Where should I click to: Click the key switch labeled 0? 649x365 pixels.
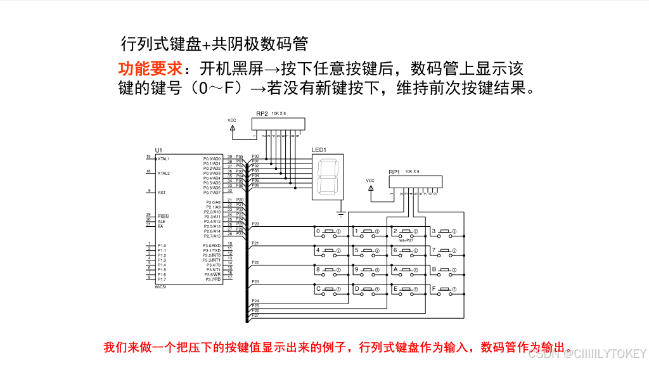[330, 232]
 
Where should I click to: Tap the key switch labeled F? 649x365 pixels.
[446, 290]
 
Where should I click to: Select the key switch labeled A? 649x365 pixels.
[407, 271]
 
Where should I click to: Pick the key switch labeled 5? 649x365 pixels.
[368, 252]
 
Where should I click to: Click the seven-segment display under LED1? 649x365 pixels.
[328, 176]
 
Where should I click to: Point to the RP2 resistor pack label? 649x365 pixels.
[262, 113]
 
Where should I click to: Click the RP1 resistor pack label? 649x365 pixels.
[394, 172]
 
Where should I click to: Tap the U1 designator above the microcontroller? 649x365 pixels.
[158, 150]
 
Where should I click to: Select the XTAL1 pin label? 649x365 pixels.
[164, 158]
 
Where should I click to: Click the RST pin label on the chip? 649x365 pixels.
[162, 192]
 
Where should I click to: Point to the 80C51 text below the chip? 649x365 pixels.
[161, 286]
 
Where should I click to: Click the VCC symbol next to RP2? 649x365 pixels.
[232, 127]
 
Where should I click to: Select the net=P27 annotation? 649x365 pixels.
[406, 241]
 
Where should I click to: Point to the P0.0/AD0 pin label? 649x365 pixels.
[212, 158]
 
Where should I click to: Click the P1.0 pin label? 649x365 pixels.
[162, 245]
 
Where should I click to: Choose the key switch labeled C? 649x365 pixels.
[330, 290]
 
